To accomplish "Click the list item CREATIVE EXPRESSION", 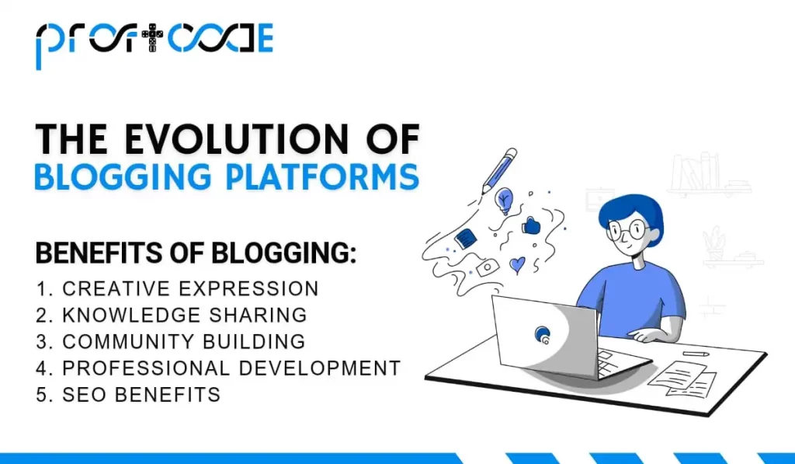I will coord(190,288).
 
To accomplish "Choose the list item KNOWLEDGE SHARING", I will coord(185,315).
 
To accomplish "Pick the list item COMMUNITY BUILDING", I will coord(183,341).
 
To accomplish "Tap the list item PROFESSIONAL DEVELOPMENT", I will coord(231,368).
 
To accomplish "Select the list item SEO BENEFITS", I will coord(141,394).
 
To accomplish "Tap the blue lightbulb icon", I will coord(505,200).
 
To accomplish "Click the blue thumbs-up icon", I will coord(531,225).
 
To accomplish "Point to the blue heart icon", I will coord(517,265).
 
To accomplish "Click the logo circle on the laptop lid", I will coord(543,334).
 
